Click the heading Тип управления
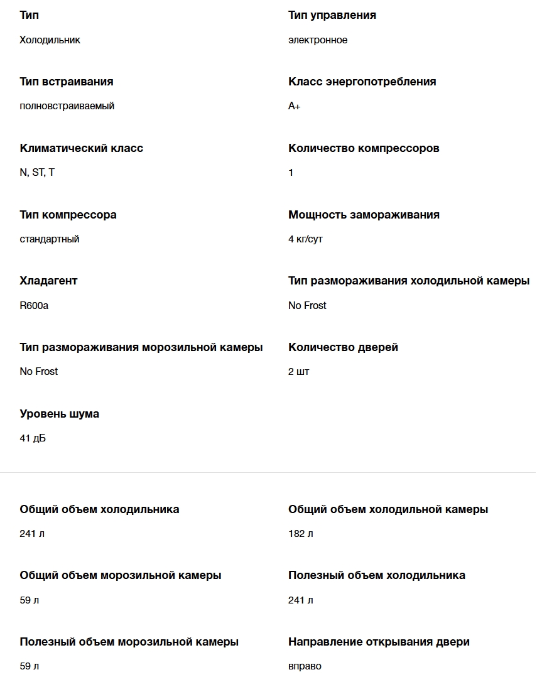[332, 15]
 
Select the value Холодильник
[50, 40]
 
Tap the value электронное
[318, 40]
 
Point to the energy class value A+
[295, 106]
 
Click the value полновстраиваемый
[67, 106]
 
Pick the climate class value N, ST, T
[37, 173]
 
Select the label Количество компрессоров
[364, 148]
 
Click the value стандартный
[50, 239]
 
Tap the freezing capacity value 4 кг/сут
[306, 239]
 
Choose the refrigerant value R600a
[34, 306]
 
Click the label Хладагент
[48, 281]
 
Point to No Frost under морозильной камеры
[39, 372]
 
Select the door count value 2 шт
[299, 372]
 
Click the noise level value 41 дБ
[33, 438]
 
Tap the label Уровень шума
[60, 414]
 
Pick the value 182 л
[301, 534]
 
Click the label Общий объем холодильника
[99, 509]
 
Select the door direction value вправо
[305, 666]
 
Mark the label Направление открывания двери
[379, 642]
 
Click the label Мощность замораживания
[364, 215]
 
